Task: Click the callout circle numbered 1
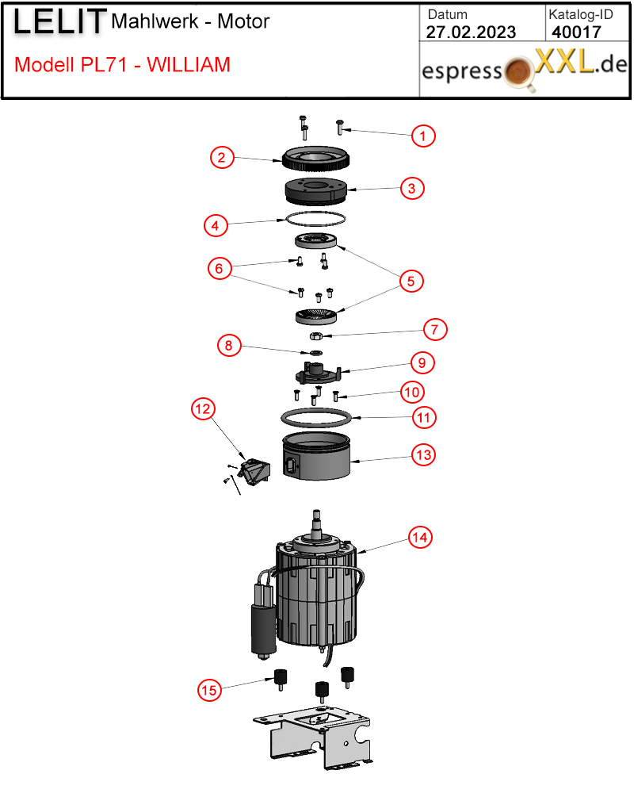tap(422, 136)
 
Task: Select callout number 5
tap(411, 282)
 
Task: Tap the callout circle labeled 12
tap(203, 408)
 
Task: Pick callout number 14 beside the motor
tap(420, 537)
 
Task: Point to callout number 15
tap(209, 690)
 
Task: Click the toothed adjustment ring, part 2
tap(315, 159)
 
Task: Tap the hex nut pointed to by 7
tap(316, 335)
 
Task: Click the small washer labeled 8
tap(316, 353)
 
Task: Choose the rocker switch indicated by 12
tap(256, 471)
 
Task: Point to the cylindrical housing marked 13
tap(316, 456)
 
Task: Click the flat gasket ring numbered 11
tap(316, 418)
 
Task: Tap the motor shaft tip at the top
tap(316, 513)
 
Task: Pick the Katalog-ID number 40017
tap(576, 33)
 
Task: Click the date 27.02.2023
tap(471, 33)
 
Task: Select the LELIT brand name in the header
tap(59, 22)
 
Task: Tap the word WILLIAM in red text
tap(189, 65)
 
